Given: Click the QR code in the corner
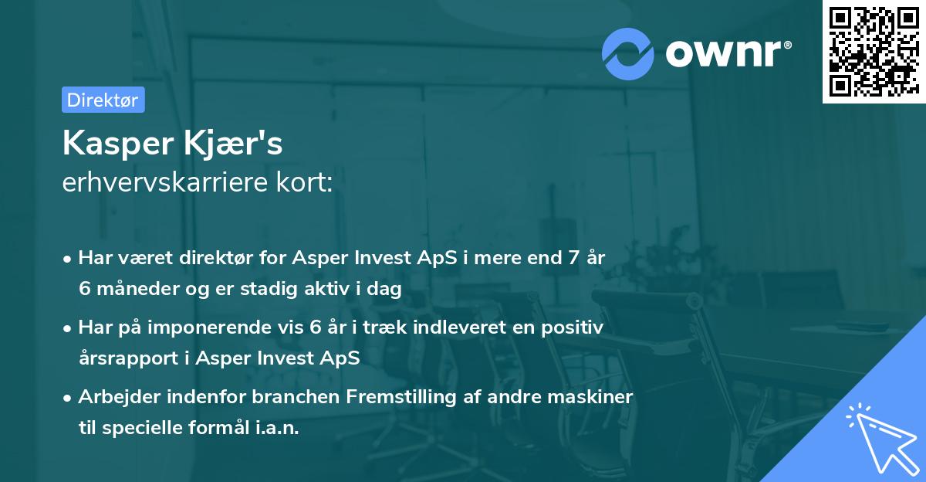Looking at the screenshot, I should pyautogui.click(x=873, y=51).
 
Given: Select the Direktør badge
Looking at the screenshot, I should pyautogui.click(x=103, y=100).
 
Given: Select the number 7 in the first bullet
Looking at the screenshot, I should pyautogui.click(x=573, y=259).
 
